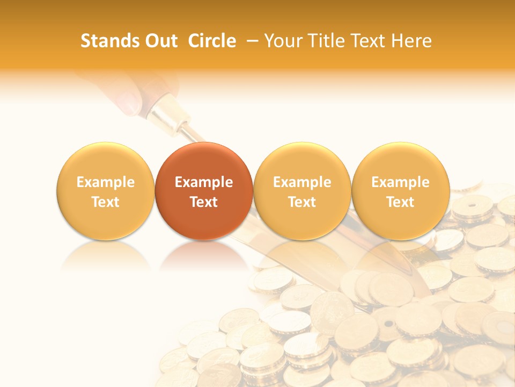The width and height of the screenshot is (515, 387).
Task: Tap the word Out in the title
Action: (x=160, y=41)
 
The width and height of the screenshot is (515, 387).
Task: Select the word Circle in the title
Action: (x=212, y=41)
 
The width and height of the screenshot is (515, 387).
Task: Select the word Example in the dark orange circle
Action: (x=204, y=182)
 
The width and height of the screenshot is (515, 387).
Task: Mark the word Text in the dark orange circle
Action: (x=204, y=202)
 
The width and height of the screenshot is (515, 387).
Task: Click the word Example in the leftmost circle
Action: (x=106, y=182)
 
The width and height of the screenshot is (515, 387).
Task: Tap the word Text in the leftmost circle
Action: (x=106, y=202)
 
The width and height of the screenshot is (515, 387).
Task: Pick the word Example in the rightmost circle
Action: (x=401, y=182)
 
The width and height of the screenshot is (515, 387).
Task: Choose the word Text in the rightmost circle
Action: (x=401, y=202)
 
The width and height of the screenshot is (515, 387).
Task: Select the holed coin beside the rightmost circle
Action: (x=472, y=205)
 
